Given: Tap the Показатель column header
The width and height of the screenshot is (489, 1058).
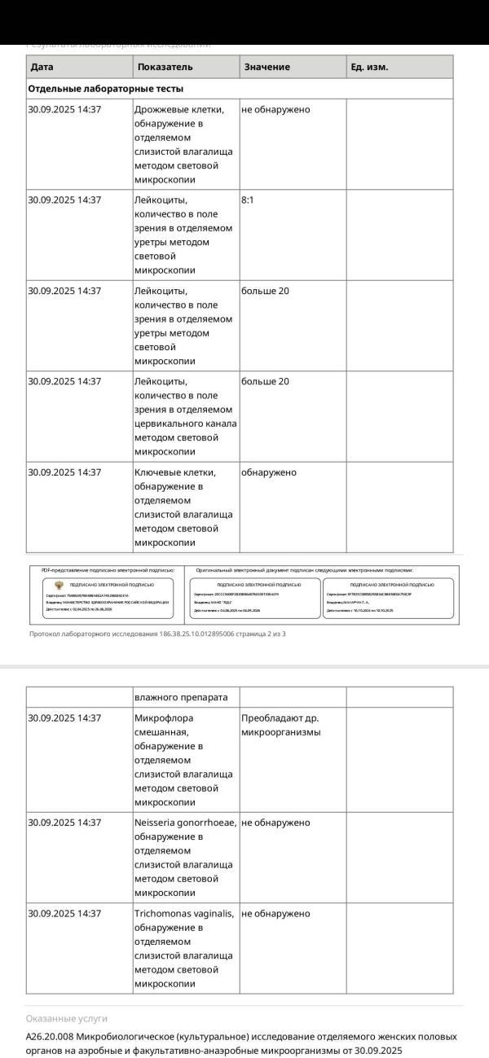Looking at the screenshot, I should click(x=165, y=67).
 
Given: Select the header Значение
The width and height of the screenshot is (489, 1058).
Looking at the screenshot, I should click(x=267, y=67).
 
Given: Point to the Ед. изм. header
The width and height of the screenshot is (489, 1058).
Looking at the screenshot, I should click(x=369, y=67).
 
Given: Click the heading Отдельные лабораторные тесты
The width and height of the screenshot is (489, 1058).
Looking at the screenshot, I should click(x=106, y=89).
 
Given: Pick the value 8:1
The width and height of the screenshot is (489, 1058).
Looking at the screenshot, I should click(x=249, y=200).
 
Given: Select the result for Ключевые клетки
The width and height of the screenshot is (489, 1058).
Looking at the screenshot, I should click(x=269, y=472).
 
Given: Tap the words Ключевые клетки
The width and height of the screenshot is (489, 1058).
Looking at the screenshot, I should click(x=174, y=472).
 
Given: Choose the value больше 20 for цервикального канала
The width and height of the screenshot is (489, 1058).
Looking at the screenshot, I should click(x=265, y=381).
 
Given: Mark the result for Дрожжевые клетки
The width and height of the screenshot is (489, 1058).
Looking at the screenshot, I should click(x=275, y=109).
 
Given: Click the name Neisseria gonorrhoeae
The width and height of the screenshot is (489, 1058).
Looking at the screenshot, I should click(x=185, y=823).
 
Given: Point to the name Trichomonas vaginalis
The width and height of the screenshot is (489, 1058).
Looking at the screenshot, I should click(x=183, y=914).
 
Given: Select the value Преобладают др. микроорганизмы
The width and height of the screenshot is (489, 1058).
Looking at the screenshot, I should click(x=280, y=725).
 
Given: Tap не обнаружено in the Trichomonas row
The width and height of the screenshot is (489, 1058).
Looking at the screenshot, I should click(x=275, y=914).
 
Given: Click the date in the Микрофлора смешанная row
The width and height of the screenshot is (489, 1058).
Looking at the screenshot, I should click(x=64, y=718).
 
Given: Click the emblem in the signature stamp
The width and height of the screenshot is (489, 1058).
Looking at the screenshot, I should click(x=59, y=585).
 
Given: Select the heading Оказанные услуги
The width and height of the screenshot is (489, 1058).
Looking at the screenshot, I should click(x=67, y=1018).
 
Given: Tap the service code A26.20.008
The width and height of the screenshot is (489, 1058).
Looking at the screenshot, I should click(x=51, y=1037).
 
